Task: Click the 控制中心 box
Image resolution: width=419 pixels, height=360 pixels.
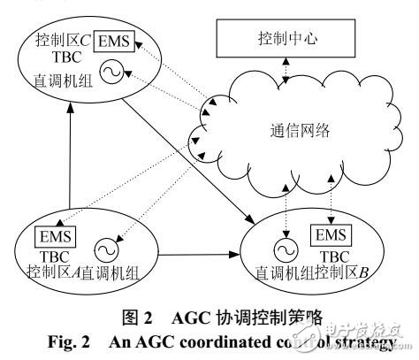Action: coord(284,39)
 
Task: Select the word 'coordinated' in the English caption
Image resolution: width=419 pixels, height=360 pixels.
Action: coord(215,341)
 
